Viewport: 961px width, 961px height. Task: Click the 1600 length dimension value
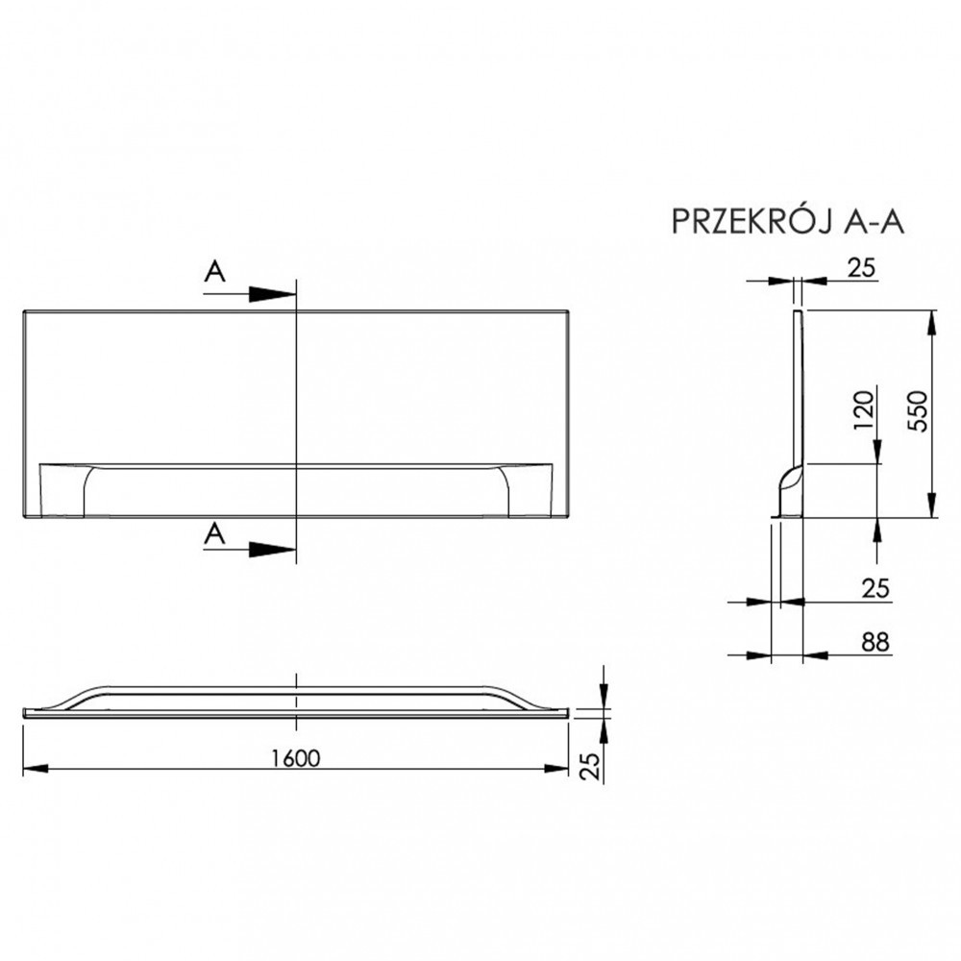tap(294, 758)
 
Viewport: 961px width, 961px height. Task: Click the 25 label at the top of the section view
tap(862, 269)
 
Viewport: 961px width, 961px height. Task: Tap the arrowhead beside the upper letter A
tap(272, 293)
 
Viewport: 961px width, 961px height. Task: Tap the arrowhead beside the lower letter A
tap(272, 550)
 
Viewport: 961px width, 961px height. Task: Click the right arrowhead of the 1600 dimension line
tap(557, 768)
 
